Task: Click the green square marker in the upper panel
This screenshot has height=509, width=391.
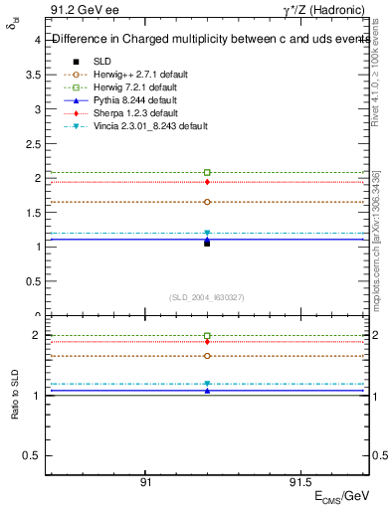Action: (207, 173)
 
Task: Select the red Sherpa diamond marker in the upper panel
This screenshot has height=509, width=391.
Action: (207, 182)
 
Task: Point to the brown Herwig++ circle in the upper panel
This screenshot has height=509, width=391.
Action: (207, 202)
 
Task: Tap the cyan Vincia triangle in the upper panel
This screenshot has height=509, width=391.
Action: (207, 234)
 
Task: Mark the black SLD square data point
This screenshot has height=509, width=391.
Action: (207, 243)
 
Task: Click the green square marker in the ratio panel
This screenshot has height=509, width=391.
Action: (207, 336)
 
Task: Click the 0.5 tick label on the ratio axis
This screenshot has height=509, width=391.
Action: (31, 455)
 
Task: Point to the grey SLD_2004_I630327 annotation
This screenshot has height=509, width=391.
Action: (207, 297)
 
